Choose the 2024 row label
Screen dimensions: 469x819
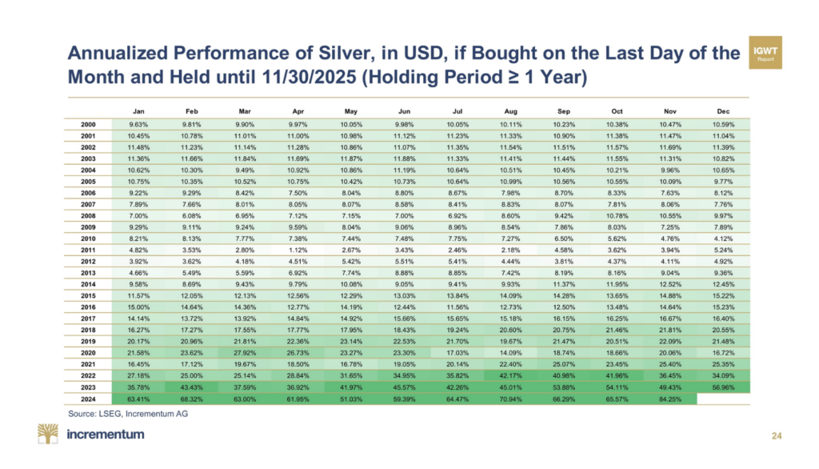tap(90, 399)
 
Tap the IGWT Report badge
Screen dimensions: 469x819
tap(765, 52)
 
